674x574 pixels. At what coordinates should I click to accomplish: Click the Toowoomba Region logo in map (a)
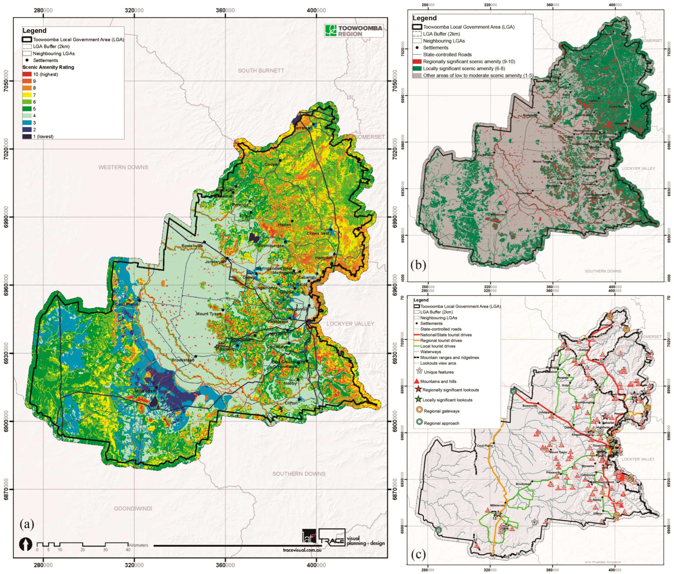[x=354, y=31]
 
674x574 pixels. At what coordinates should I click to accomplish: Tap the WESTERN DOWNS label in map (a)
[x=123, y=167]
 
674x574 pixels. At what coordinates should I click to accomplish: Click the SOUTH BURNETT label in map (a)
[x=261, y=70]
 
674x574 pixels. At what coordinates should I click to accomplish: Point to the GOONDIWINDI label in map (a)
[x=133, y=508]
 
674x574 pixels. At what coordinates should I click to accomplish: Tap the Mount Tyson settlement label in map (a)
[x=208, y=314]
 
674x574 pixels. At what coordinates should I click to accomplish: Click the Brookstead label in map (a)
[x=183, y=360]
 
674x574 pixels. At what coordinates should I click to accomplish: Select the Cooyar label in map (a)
[x=271, y=164]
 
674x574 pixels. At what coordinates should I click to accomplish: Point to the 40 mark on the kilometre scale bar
[x=128, y=550]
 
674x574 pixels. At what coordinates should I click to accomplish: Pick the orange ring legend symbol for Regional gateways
[x=419, y=410]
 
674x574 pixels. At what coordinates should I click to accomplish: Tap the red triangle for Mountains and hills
[x=416, y=381]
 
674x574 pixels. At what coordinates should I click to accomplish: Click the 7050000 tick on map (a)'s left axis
[x=6, y=81]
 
